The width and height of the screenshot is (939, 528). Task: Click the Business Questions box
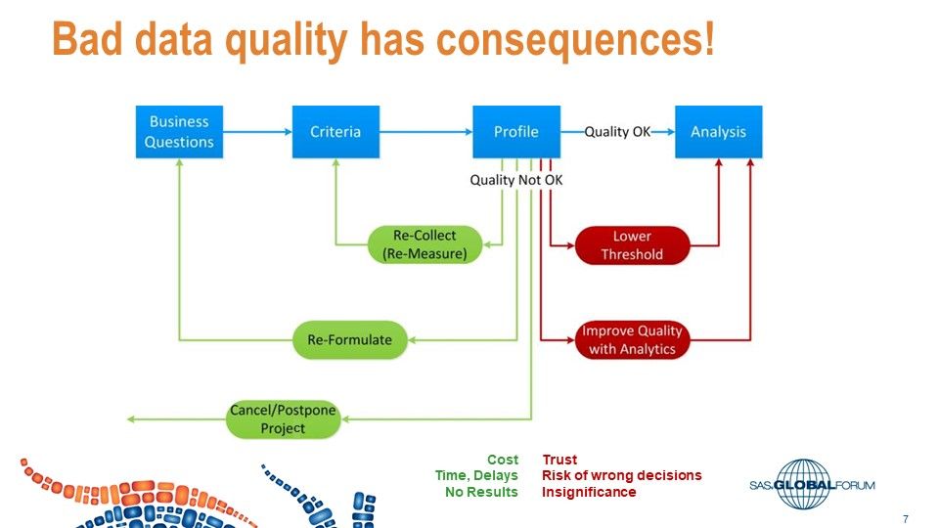pyautogui.click(x=179, y=132)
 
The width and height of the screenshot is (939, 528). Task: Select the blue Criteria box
pyautogui.click(x=335, y=132)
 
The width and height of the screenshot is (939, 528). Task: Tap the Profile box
pyautogui.click(x=515, y=132)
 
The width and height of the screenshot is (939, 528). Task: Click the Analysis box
pyautogui.click(x=718, y=132)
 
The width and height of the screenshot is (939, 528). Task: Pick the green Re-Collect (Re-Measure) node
pyautogui.click(x=425, y=244)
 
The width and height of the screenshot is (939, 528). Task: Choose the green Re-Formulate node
pyautogui.click(x=349, y=340)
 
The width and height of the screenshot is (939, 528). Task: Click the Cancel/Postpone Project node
pyautogui.click(x=283, y=419)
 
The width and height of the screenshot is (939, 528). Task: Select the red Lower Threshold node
pyautogui.click(x=632, y=245)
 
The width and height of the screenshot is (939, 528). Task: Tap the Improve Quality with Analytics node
pyautogui.click(x=632, y=340)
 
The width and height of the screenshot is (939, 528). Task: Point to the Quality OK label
pyautogui.click(x=617, y=132)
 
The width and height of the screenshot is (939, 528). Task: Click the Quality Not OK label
pyautogui.click(x=515, y=180)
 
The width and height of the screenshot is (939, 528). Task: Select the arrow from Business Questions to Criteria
pyautogui.click(x=257, y=132)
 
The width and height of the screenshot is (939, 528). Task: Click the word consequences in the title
pyautogui.click(x=575, y=40)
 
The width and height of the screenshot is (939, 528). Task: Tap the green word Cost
pyautogui.click(x=502, y=460)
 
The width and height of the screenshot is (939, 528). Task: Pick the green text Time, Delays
pyautogui.click(x=476, y=475)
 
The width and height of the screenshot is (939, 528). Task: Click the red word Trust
pyautogui.click(x=559, y=460)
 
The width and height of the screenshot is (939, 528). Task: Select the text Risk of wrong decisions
pyautogui.click(x=621, y=475)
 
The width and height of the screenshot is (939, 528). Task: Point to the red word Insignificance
pyautogui.click(x=589, y=492)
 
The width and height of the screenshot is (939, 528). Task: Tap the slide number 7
pyautogui.click(x=906, y=518)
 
